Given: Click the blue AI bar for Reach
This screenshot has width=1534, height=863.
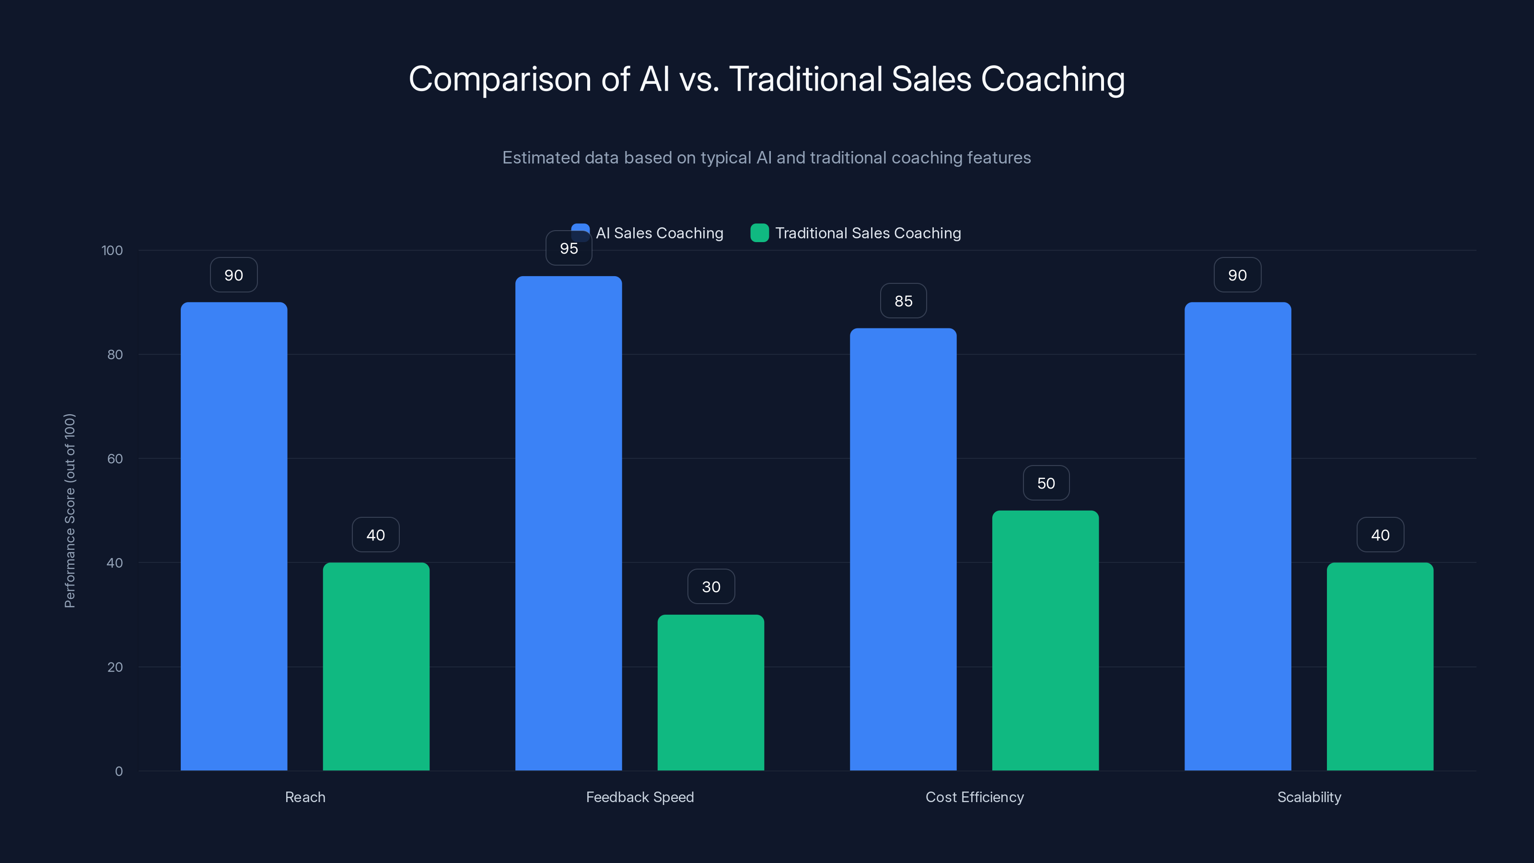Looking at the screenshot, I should coord(233,536).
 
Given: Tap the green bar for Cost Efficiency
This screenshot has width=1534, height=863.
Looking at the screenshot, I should coord(1045,640).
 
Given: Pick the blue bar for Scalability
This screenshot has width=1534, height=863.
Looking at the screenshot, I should coord(1237,536).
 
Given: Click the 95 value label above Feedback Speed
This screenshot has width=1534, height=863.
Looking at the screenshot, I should coord(569,248).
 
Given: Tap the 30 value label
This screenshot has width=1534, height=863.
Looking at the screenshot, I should coord(711,587).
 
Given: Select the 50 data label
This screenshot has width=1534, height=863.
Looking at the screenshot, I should coord(1046,483).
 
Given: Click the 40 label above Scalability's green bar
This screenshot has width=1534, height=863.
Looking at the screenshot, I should coord(1380,535).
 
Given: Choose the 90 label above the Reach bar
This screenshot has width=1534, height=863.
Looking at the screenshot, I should coord(233,275).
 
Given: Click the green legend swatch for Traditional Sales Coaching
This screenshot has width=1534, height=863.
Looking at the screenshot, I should coord(759,233).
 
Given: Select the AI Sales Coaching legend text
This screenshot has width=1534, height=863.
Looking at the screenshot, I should coord(659,233).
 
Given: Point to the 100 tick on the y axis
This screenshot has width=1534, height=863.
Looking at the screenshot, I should coord(112,250).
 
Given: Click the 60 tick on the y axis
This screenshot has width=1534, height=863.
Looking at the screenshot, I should coord(115,459).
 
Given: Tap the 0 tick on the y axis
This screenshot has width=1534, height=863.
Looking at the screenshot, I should coord(118,771).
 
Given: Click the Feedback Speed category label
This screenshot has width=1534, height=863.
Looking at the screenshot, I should coord(639,797).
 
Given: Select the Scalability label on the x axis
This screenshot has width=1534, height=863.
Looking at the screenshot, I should coord(1309,797).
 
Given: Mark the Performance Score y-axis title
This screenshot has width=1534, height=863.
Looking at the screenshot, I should coord(70,511).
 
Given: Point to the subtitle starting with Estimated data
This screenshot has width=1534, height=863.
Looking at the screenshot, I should coord(767,158).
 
